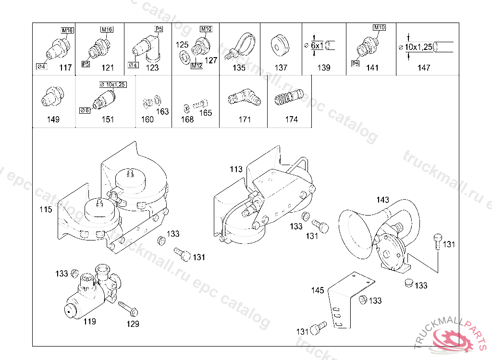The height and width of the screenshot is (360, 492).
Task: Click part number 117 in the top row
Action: pos(65,67)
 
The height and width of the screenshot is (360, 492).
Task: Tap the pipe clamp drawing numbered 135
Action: pos(240,47)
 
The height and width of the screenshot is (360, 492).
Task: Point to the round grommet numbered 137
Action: pos(279,46)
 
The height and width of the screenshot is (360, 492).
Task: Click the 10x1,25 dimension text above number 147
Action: pos(418,47)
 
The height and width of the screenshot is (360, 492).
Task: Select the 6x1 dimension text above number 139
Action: pos(317,46)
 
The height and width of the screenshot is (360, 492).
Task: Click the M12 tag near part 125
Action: pos(197,66)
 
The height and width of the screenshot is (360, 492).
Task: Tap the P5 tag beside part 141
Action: pos(355,64)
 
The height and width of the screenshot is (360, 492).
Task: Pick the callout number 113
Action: pos(236,169)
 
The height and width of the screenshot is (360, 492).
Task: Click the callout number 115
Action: pos(46,209)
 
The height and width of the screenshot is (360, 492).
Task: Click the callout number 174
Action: pos(291,120)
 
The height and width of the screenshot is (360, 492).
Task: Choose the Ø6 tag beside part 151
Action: pos(85,110)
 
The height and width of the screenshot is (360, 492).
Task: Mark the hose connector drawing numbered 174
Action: pos(289,97)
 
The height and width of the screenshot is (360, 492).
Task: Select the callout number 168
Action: pos(187,120)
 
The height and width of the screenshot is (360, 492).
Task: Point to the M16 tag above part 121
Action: pos(107,29)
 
